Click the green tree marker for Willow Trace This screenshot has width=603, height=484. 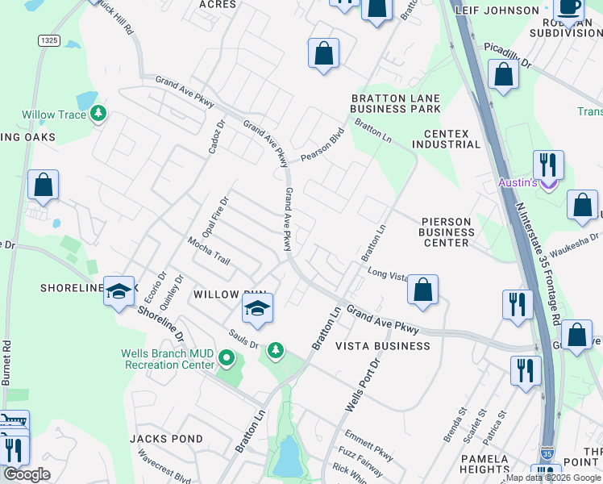[x=98, y=114]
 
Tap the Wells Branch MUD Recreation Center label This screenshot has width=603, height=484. [x=168, y=359]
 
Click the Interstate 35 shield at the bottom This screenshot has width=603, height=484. [x=547, y=453]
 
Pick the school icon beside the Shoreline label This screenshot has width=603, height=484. [x=119, y=291]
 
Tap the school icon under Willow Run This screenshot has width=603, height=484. [x=257, y=309]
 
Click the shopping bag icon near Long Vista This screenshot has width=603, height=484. [x=422, y=289]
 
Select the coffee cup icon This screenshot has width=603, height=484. [x=570, y=7]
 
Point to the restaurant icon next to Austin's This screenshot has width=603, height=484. [x=547, y=165]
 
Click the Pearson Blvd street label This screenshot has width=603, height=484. [x=322, y=145]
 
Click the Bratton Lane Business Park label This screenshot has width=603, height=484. [x=395, y=103]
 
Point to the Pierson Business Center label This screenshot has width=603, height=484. [x=446, y=232]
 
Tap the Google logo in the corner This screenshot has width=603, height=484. [x=27, y=474]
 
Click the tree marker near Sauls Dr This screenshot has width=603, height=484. [x=276, y=349]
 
